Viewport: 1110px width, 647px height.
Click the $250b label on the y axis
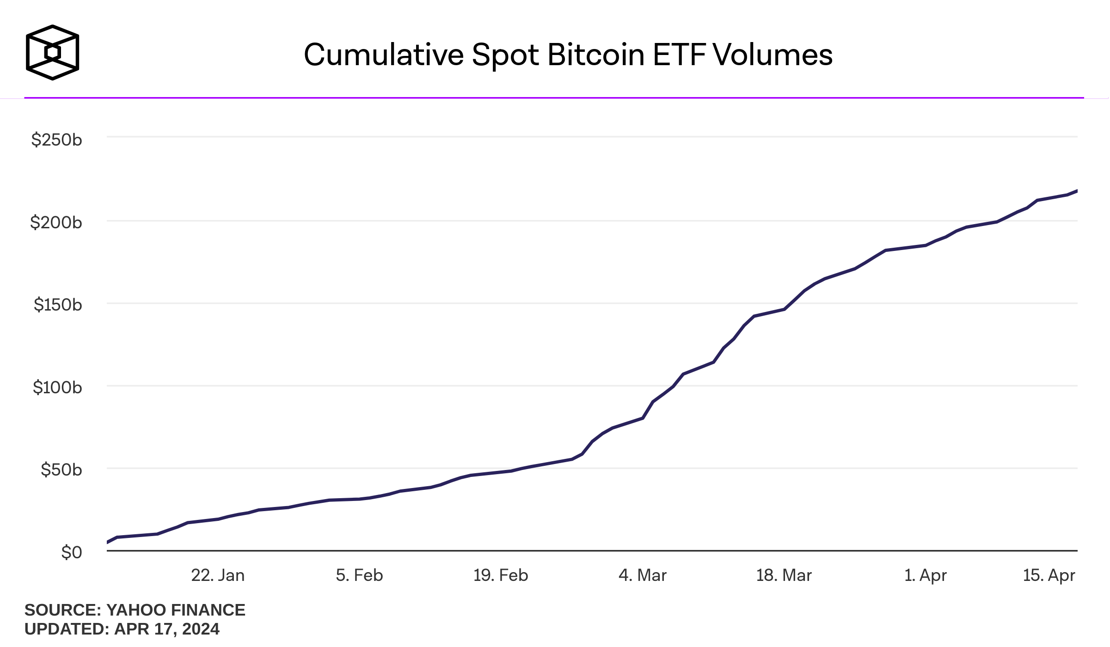tap(56, 140)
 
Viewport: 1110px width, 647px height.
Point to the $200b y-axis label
tap(56, 222)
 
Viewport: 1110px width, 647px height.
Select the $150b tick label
tap(58, 305)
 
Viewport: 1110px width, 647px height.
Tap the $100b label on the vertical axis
tap(57, 387)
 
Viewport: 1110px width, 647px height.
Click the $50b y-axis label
tap(61, 470)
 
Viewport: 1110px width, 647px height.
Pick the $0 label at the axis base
tap(71, 552)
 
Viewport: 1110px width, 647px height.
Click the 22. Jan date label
tap(218, 575)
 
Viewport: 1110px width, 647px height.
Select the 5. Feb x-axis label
tap(359, 575)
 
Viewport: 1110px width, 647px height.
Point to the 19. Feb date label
tap(501, 575)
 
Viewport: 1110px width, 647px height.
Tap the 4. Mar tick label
tap(643, 575)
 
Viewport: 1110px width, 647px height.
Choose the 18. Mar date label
tap(784, 575)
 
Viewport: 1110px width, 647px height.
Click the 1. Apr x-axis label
tap(926, 575)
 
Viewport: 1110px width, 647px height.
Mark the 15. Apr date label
tap(1049, 575)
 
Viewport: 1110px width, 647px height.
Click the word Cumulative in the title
tap(384, 55)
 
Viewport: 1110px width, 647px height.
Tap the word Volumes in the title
tap(773, 55)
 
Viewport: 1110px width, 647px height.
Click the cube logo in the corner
tap(53, 52)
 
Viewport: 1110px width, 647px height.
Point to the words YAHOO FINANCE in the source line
tap(176, 610)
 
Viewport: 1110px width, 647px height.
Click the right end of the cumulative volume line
tap(1076, 191)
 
